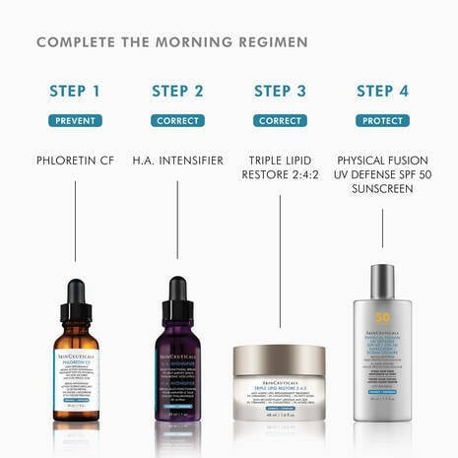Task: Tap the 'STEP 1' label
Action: click(x=75, y=92)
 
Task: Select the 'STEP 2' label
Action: click(x=177, y=92)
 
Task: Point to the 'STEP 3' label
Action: click(x=280, y=92)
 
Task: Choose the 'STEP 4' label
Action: click(x=382, y=92)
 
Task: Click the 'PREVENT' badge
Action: click(x=75, y=121)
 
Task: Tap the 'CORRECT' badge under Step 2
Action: click(x=177, y=121)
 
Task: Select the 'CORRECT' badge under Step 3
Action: click(x=280, y=121)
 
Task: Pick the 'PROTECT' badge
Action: click(x=382, y=121)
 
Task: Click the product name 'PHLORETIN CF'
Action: click(x=75, y=160)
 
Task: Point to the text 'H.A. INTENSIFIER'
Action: click(x=177, y=160)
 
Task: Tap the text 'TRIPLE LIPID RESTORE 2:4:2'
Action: click(x=280, y=167)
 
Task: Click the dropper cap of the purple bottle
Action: click(x=177, y=293)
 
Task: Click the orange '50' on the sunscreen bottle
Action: click(x=382, y=319)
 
